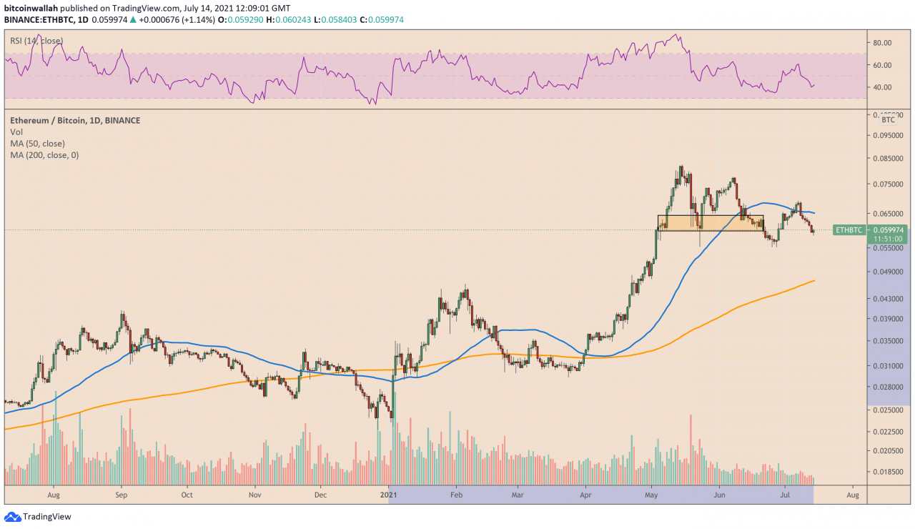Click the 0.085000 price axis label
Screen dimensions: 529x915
[x=889, y=159]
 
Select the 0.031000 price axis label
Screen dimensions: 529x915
[x=889, y=366]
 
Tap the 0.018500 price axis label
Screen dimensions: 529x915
[x=889, y=472]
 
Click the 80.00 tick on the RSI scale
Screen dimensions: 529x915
[x=884, y=43]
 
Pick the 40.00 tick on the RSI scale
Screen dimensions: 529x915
[x=884, y=87]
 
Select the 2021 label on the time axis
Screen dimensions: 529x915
[x=388, y=494]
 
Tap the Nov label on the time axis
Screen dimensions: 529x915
[x=254, y=494]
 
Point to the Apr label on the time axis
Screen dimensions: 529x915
[x=585, y=494]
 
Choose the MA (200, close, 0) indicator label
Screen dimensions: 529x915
[x=44, y=155]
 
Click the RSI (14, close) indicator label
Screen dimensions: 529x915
[x=36, y=41]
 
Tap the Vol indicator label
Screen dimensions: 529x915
[x=16, y=132]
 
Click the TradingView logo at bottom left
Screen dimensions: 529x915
[x=39, y=517]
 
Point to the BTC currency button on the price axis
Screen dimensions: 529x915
[x=888, y=120]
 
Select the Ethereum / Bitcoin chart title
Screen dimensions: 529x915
[x=75, y=121]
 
